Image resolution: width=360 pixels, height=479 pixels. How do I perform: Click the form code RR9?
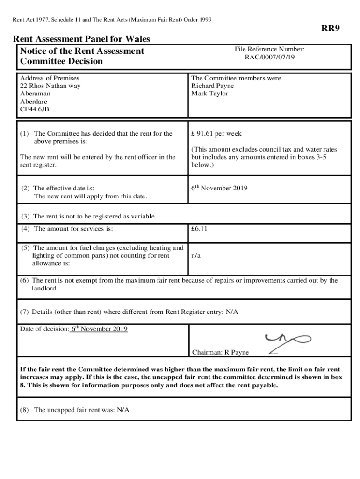[x=330, y=29]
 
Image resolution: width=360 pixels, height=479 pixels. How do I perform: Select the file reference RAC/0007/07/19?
[x=269, y=57]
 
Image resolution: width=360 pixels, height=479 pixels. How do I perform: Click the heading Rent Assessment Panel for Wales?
[x=81, y=39]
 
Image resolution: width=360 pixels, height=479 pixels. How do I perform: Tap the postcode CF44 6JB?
[x=34, y=109]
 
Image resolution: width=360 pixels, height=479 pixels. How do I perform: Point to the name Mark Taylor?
[x=209, y=94]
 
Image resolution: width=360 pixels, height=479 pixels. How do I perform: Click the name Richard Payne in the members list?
[x=213, y=86]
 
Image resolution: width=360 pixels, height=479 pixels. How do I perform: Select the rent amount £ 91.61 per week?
[x=216, y=134]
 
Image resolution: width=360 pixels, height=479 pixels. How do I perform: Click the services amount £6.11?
[x=199, y=229]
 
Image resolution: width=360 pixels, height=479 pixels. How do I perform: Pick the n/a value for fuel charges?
[x=196, y=256]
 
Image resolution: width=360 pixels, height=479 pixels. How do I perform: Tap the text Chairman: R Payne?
[x=221, y=352]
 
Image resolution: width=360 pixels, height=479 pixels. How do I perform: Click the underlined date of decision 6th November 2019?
[x=99, y=329]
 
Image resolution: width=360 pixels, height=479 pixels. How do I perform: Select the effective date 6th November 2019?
[x=219, y=188]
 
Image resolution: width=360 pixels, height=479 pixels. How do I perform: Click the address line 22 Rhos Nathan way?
[x=50, y=86]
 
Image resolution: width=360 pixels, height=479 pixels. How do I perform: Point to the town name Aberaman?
[x=35, y=94]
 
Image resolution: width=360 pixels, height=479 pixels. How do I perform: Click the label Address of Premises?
[x=50, y=78]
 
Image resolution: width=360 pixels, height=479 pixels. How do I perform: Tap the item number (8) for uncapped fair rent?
[x=25, y=410]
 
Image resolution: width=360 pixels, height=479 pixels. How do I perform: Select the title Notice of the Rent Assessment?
[x=82, y=51]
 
